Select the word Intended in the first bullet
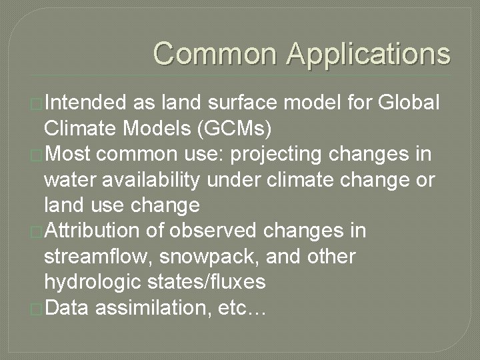(x=85, y=103)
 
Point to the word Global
(x=408, y=103)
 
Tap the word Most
(x=70, y=154)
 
